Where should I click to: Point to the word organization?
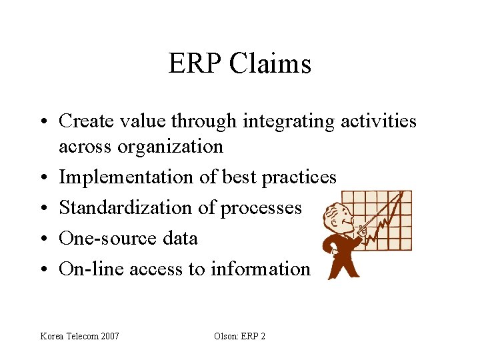(x=170, y=145)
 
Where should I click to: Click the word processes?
(x=261, y=207)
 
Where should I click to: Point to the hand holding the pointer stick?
(x=363, y=231)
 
